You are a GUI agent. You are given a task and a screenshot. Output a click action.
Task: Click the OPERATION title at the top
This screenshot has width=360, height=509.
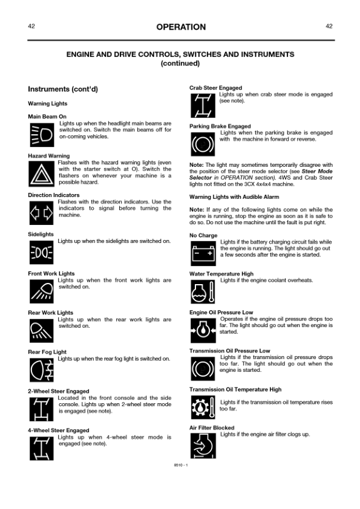tap(180, 27)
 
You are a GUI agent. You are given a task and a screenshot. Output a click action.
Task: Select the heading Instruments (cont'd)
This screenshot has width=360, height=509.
tap(63, 89)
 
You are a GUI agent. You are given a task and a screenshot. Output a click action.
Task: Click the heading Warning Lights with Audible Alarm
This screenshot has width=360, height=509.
tap(234, 197)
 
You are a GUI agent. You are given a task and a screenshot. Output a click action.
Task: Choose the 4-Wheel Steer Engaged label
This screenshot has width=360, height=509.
tap(59, 430)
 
